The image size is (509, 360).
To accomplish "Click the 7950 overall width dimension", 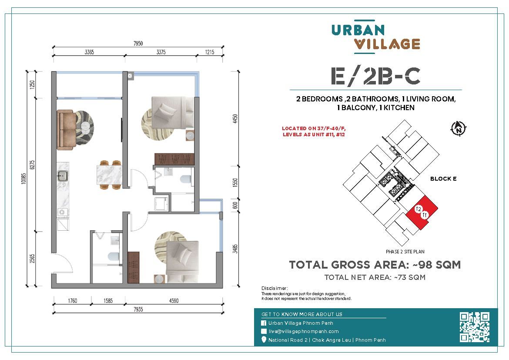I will [138, 44].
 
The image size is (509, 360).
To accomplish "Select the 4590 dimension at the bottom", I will [173, 300].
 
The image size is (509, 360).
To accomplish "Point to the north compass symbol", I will [459, 128].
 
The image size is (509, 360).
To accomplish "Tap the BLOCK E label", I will [443, 179].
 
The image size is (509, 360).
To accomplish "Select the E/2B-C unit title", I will [375, 76].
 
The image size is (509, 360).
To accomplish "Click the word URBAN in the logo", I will [358, 30].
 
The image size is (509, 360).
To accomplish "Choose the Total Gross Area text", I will [375, 265].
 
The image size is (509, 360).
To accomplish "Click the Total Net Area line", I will [375, 277].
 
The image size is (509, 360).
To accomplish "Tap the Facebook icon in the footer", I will [264, 323].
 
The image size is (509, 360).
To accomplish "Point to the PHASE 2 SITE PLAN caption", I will [405, 252].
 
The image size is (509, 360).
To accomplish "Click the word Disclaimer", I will [274, 288].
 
